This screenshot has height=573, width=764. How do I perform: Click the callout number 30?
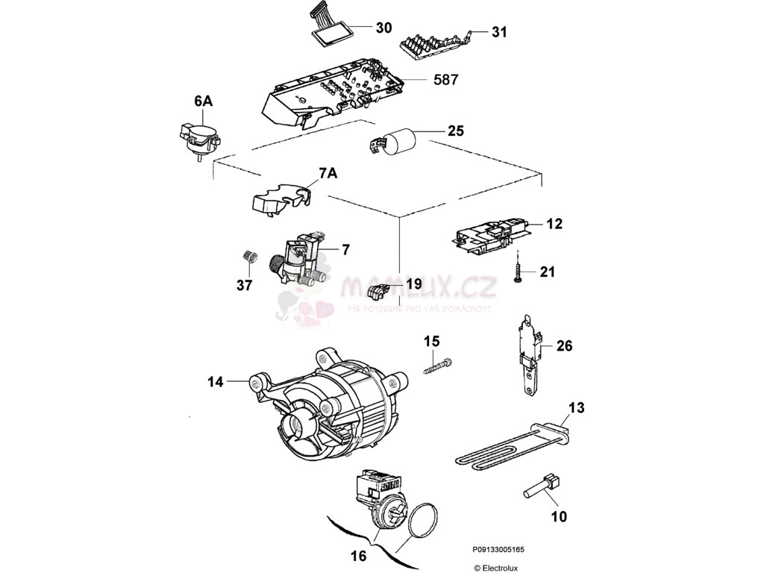[383, 28]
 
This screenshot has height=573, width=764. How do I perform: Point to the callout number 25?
[455, 131]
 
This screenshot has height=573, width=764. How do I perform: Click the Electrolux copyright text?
[496, 567]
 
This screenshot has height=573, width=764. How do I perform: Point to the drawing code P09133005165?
[498, 550]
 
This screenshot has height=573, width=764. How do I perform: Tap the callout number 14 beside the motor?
[216, 382]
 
